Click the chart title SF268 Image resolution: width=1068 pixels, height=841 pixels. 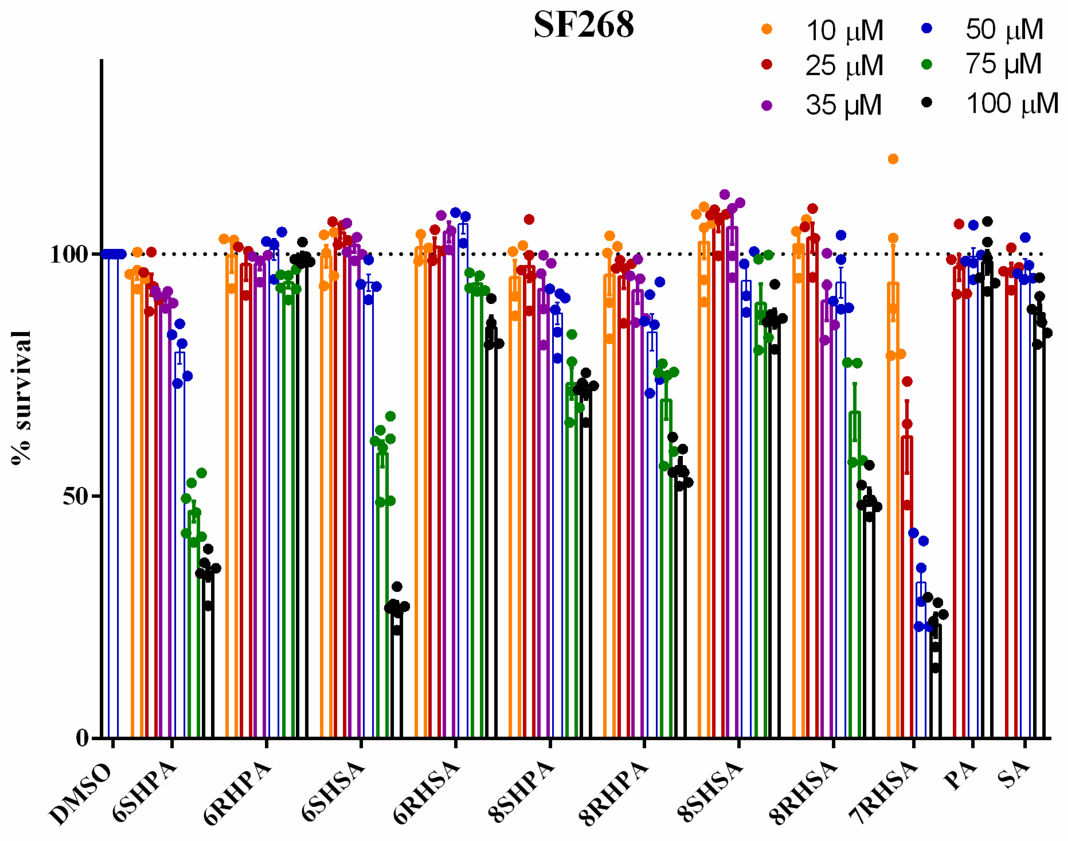pyautogui.click(x=584, y=24)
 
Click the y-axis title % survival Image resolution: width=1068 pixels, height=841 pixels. pyautogui.click(x=21, y=398)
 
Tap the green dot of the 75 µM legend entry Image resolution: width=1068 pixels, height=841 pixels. pyautogui.click(x=927, y=64)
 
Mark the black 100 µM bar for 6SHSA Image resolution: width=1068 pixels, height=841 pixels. pyautogui.click(x=397, y=680)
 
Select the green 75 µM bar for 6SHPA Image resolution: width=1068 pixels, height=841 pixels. pyautogui.click(x=194, y=630)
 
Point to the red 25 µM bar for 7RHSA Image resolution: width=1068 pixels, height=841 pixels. pyautogui.click(x=907, y=591)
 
